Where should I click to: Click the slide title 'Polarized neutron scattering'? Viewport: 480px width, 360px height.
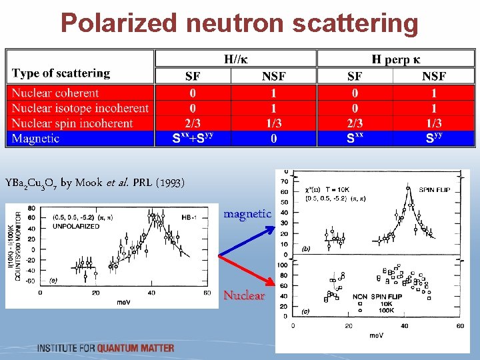(239, 23)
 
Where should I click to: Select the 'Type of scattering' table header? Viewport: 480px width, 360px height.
(61, 73)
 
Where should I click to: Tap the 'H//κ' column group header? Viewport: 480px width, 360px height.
(237, 59)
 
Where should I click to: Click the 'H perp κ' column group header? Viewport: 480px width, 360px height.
(395, 59)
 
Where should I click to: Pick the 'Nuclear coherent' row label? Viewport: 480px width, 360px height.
(55, 93)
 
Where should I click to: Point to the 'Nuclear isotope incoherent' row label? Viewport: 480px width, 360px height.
(80, 108)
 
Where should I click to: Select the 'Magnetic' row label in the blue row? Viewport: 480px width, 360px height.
(35, 139)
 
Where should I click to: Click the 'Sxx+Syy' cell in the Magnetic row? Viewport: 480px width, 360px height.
(192, 139)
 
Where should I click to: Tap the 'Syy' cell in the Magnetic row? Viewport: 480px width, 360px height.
(434, 139)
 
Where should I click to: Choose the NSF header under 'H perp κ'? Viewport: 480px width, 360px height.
(434, 77)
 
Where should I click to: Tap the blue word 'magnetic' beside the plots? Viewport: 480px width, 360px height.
(247, 214)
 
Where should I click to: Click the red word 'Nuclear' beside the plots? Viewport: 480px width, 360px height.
(243, 295)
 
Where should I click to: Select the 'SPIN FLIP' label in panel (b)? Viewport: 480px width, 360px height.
(436, 190)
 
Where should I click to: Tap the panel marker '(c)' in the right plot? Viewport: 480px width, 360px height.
(306, 311)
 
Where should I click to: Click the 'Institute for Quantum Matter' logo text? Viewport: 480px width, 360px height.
(106, 348)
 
